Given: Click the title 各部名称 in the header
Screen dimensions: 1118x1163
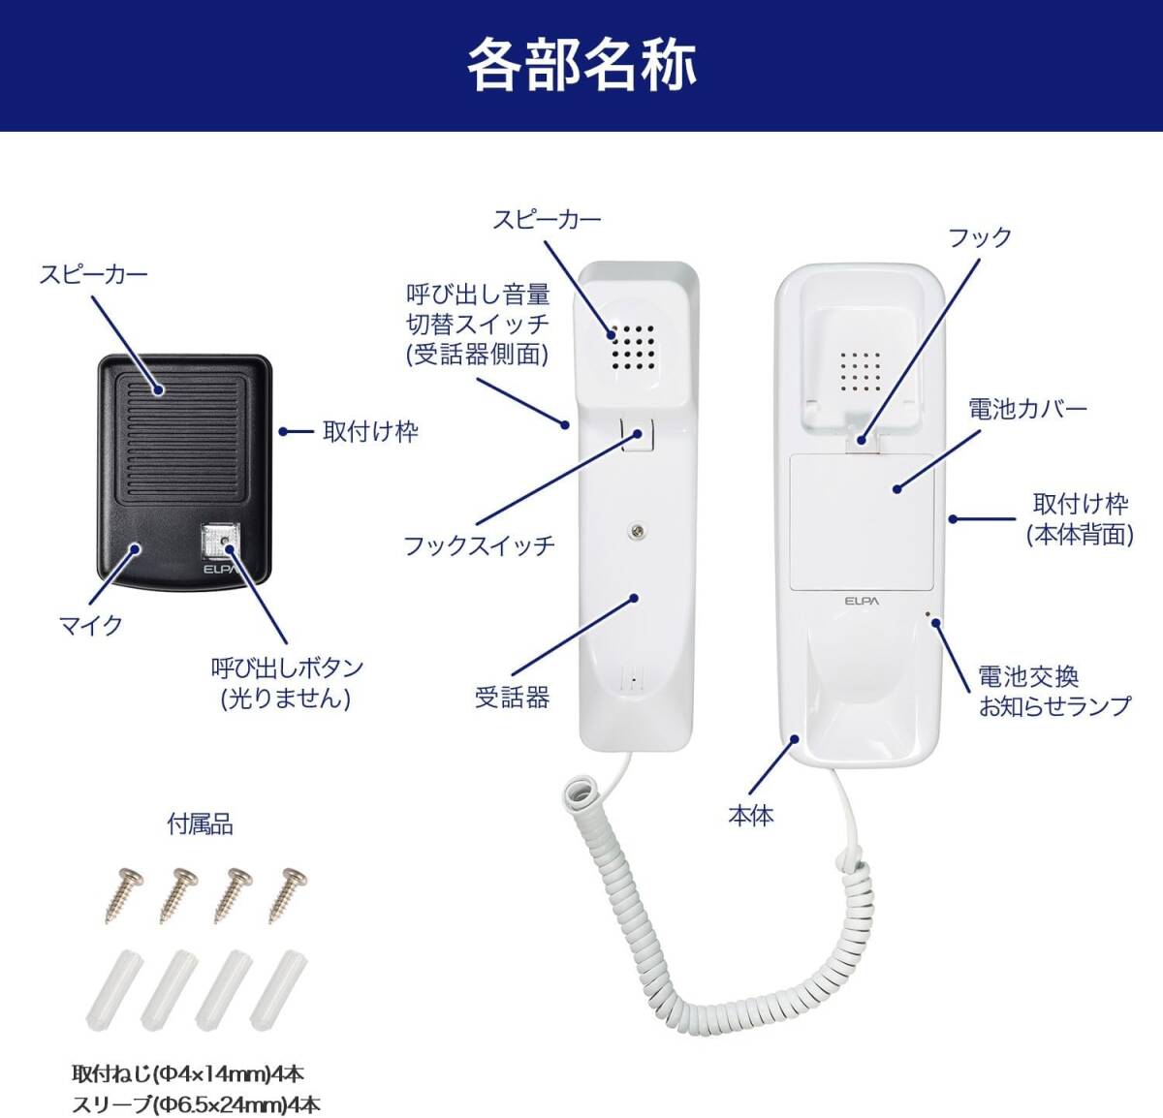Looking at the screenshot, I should (x=581, y=64).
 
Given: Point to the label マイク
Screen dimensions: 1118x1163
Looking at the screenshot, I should (x=92, y=626).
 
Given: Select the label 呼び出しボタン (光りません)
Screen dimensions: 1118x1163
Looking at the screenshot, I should (x=287, y=682).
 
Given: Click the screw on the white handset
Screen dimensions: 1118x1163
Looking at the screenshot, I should (x=636, y=529).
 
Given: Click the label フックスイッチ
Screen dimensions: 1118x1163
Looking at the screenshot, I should (x=480, y=545).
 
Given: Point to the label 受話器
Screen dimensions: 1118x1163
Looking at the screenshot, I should (x=513, y=697).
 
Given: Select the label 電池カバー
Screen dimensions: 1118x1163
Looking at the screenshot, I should (x=1027, y=409).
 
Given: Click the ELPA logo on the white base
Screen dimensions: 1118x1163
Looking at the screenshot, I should (x=862, y=602).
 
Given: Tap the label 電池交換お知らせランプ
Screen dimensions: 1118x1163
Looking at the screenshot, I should (x=1054, y=691).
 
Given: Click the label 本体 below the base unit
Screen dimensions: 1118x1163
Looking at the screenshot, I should (x=751, y=816).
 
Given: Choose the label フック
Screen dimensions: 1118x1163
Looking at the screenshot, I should (x=979, y=237).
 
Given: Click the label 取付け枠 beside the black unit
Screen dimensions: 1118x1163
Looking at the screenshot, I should (x=370, y=431).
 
